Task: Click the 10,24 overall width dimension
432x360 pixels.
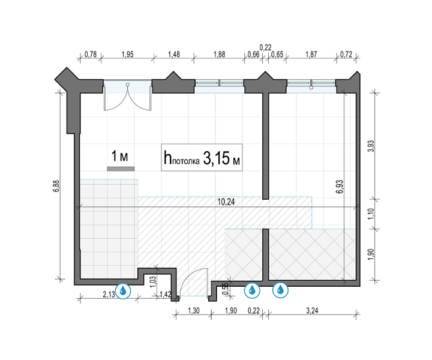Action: pos(226,202)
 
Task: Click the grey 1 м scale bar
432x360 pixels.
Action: pos(121,169)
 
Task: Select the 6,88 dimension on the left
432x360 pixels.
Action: pos(56,186)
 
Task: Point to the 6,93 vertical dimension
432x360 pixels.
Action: pos(340,187)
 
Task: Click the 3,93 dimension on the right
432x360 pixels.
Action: pos(371,146)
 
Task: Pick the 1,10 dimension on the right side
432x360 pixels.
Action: pos(371,214)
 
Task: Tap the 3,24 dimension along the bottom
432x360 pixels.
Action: pos(312,311)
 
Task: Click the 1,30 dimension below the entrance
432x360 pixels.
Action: pos(194,311)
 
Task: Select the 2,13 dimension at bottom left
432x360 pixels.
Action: pos(109,295)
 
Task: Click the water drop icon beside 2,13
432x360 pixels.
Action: pos(123,290)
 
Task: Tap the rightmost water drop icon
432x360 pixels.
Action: pos(280,290)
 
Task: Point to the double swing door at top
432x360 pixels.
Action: pos(128,97)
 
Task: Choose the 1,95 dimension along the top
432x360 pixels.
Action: pos(127,54)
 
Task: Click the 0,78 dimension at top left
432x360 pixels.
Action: pos(91,54)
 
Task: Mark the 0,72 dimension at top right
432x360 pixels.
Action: pos(346,54)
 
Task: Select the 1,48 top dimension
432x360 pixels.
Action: pos(174,54)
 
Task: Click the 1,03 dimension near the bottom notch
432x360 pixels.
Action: pos(154,282)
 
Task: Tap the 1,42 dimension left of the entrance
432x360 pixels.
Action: pos(166,295)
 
